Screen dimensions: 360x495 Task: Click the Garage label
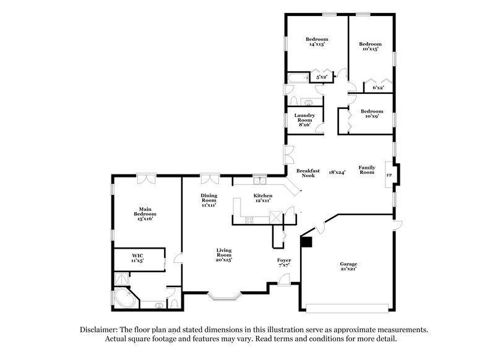pyautogui.click(x=348, y=267)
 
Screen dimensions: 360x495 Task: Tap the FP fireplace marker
pyautogui.click(x=389, y=175)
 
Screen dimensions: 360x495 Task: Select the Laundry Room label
pyautogui.click(x=304, y=119)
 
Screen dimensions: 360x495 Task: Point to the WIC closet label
pyautogui.click(x=137, y=257)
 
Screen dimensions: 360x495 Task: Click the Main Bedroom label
pyautogui.click(x=145, y=214)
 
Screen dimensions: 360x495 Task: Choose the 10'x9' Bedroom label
pyautogui.click(x=370, y=114)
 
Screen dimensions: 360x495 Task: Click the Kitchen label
pyautogui.click(x=263, y=198)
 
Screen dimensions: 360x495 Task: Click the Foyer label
pyautogui.click(x=283, y=264)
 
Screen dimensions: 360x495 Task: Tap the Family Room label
pyautogui.click(x=367, y=170)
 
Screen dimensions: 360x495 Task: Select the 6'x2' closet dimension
pyautogui.click(x=378, y=88)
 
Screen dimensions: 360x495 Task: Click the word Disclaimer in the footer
pyautogui.click(x=101, y=330)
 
